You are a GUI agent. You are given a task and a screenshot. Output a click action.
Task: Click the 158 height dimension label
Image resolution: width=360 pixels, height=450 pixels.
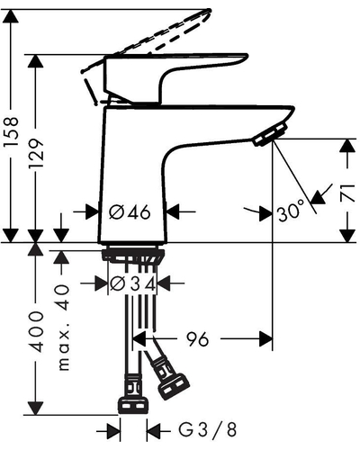click(11, 132)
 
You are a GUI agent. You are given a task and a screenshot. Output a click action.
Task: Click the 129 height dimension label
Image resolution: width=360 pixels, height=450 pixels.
click(36, 153)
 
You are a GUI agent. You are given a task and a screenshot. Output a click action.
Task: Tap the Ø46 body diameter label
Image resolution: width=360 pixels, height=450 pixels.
click(130, 212)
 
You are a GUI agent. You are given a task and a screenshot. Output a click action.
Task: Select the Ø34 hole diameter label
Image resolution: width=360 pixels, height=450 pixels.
click(132, 283)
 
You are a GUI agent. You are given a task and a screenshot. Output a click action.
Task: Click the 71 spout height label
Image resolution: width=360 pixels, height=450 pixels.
click(348, 193)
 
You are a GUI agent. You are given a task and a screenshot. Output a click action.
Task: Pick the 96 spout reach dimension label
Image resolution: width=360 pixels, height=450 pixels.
click(197, 339)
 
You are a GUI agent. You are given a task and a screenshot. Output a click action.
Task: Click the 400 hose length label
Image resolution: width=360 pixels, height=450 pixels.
click(36, 331)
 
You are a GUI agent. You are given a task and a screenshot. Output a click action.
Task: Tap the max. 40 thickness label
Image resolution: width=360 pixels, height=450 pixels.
click(63, 328)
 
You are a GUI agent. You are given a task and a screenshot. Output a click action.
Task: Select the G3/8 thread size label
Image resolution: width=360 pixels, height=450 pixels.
click(208, 429)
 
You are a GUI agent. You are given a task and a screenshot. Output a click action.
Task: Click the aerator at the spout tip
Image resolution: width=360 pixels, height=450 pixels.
click(269, 135)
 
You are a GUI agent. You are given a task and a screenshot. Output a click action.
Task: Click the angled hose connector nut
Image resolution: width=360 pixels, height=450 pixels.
click(174, 386)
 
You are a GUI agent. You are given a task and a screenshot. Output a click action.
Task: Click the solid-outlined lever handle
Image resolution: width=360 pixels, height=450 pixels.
click(175, 78)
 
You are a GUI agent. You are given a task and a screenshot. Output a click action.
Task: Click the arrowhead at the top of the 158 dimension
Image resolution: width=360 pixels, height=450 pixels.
click(11, 16)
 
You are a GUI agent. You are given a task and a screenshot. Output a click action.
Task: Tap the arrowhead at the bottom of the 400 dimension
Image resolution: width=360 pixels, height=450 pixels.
click(36, 408)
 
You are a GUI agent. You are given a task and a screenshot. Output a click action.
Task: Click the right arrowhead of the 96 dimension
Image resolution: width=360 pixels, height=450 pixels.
click(265, 339)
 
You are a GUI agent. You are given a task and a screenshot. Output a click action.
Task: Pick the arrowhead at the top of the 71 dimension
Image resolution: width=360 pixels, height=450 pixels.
click(348, 146)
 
